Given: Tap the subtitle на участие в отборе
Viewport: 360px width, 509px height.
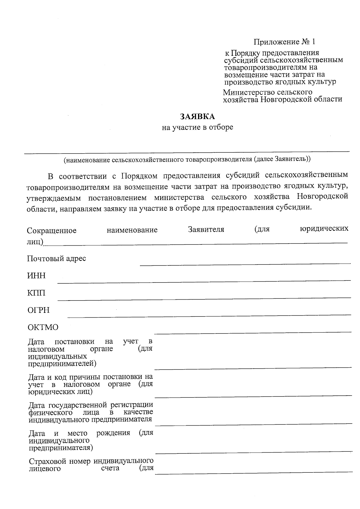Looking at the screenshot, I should [197, 127].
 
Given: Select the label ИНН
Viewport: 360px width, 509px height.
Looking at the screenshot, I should [36, 276].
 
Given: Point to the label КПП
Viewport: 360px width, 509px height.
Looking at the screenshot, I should [36, 293].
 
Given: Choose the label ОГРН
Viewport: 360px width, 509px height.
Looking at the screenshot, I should [38, 310].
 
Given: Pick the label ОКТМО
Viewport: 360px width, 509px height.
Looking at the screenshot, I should [43, 327].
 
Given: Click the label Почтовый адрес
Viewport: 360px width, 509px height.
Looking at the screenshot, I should [56, 259].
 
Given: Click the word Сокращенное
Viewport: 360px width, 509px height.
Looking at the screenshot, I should [52, 230].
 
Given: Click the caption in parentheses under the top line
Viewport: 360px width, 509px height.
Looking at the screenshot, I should [187, 159].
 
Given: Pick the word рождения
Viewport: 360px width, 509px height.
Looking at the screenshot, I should [113, 433].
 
